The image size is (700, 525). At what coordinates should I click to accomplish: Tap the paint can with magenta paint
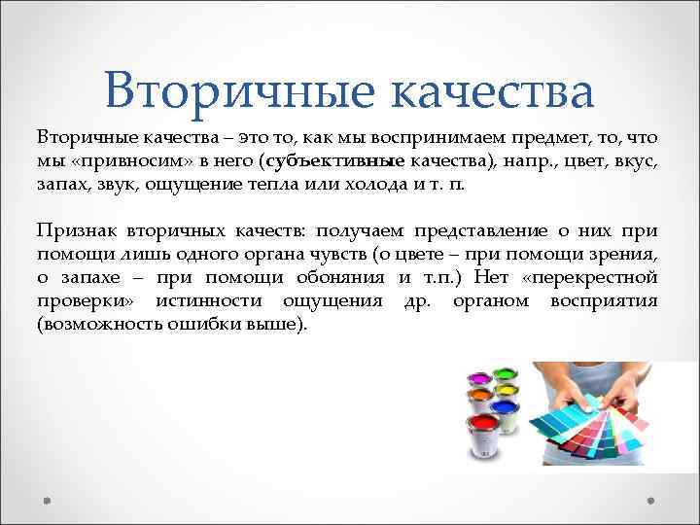coord(479,374)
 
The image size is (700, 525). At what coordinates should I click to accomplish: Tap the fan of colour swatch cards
coord(593,423)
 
